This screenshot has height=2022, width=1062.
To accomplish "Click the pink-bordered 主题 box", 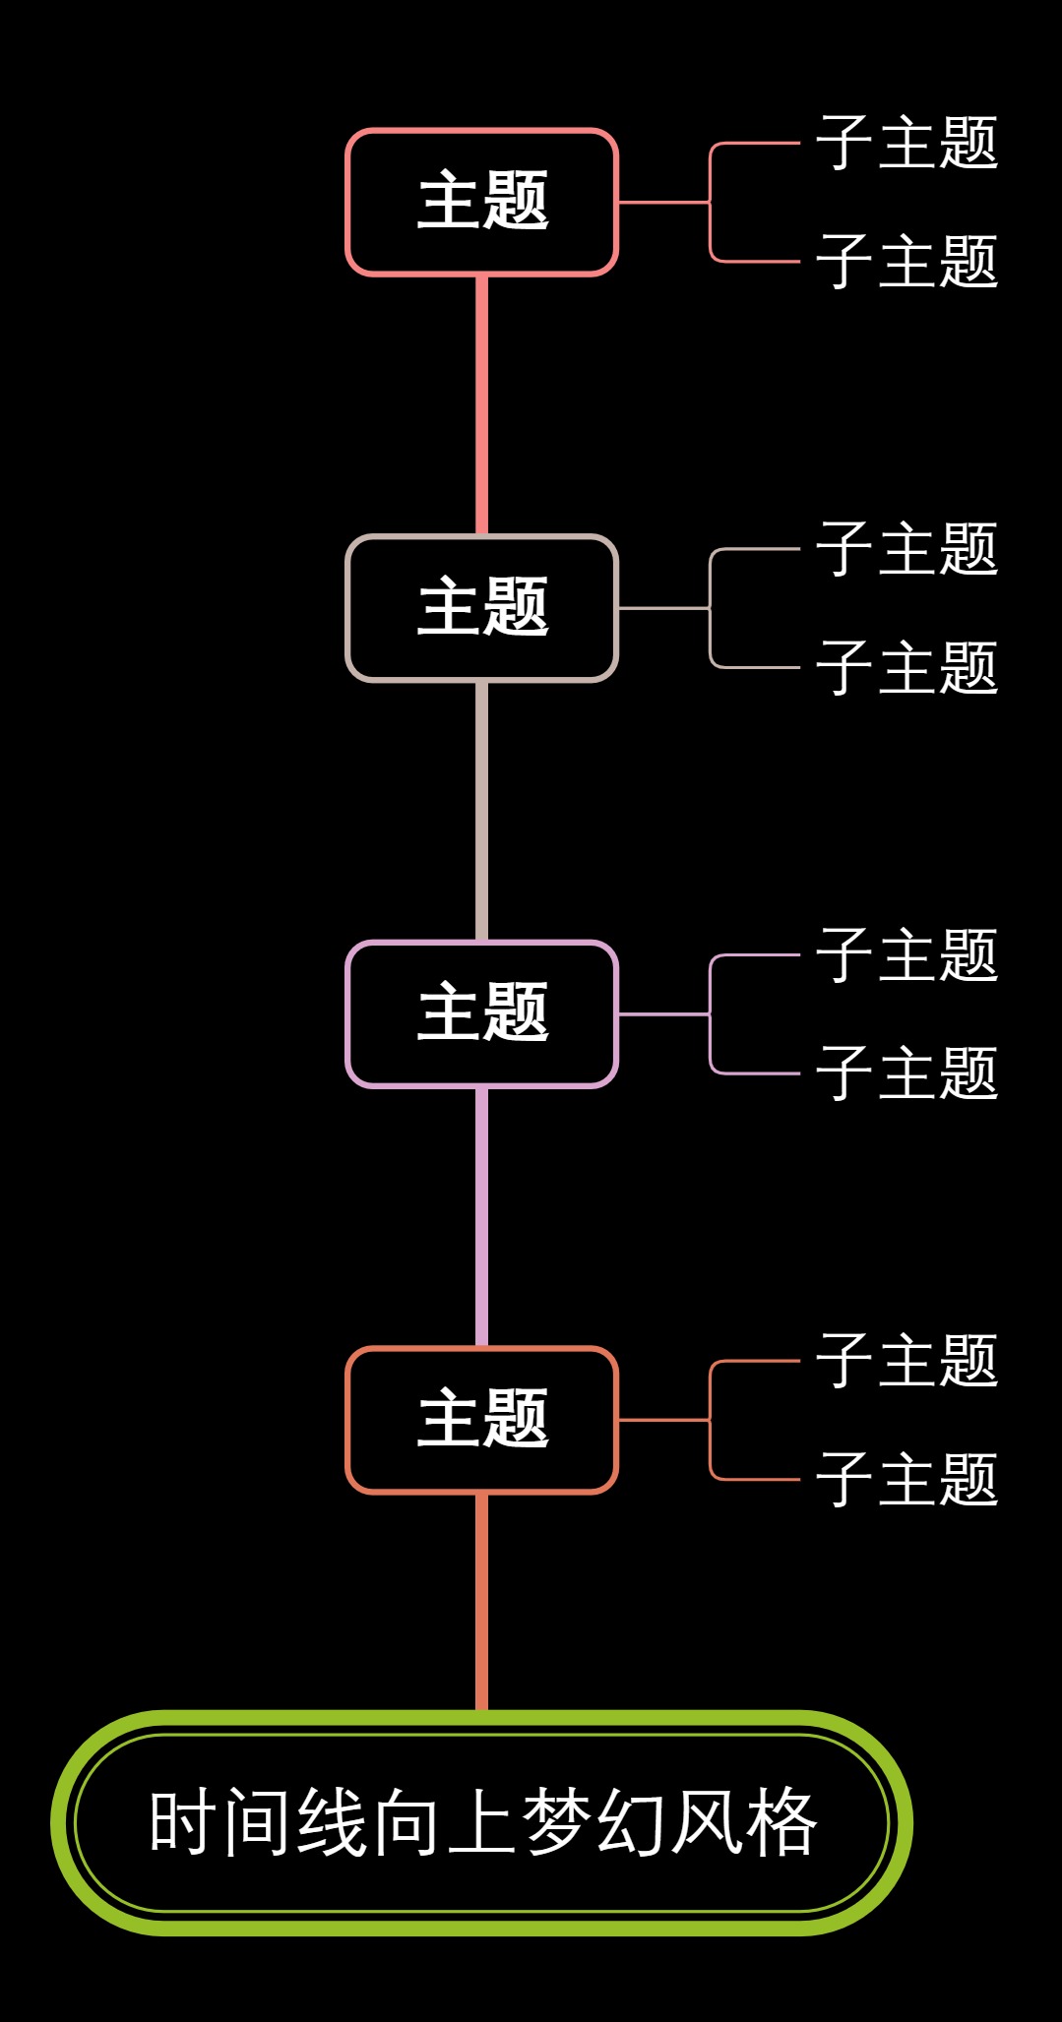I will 481,202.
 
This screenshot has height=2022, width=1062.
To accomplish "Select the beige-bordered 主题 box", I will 481,608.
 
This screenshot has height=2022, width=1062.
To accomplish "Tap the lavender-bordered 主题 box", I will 481,1013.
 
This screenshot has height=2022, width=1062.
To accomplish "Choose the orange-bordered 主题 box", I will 481,1420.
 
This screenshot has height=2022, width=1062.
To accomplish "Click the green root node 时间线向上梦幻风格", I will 481,1823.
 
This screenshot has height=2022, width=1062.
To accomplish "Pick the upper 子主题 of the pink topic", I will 906,143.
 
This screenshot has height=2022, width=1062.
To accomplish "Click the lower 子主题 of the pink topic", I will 906,262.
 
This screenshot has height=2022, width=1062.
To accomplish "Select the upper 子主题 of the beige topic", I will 906,549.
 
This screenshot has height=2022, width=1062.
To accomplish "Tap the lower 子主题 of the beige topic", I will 906,668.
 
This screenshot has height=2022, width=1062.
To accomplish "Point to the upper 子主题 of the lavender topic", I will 906,954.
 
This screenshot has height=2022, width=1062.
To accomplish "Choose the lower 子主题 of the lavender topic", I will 906,1073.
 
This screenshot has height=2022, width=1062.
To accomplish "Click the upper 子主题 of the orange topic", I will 906,1361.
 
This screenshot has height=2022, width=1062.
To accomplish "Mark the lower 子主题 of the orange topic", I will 906,1480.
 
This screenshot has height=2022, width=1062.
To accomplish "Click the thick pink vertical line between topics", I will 481,403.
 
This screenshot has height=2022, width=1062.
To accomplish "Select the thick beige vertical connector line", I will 481,810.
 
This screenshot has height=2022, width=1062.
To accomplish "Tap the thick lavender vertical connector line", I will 481,1216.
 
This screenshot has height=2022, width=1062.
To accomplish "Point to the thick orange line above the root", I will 481,1602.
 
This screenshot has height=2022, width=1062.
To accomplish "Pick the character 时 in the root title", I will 183,1823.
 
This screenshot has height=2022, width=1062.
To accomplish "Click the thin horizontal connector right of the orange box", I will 662,1420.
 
